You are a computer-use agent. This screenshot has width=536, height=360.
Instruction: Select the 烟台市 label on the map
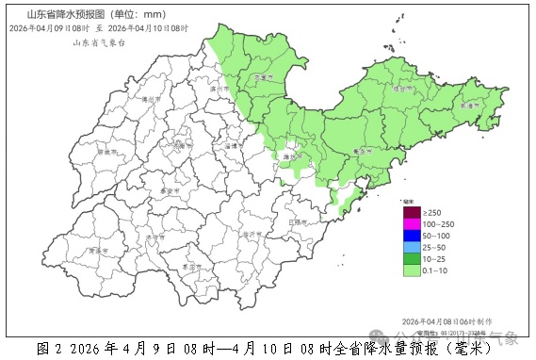(403, 89)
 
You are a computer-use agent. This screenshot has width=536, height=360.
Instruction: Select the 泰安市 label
(171, 189)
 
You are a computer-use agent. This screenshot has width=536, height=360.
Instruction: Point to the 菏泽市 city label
(94, 251)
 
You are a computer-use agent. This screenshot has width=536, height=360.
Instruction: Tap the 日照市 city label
(300, 222)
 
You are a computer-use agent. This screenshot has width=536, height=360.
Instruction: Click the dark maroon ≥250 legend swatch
(411, 212)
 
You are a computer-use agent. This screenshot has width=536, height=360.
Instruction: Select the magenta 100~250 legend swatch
(411, 223)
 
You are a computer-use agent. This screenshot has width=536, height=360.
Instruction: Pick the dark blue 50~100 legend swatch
(411, 235)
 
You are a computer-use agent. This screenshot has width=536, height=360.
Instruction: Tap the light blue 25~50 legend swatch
(411, 247)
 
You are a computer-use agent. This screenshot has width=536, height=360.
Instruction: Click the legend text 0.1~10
(434, 270)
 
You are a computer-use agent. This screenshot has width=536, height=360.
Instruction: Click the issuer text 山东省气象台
(87, 43)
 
